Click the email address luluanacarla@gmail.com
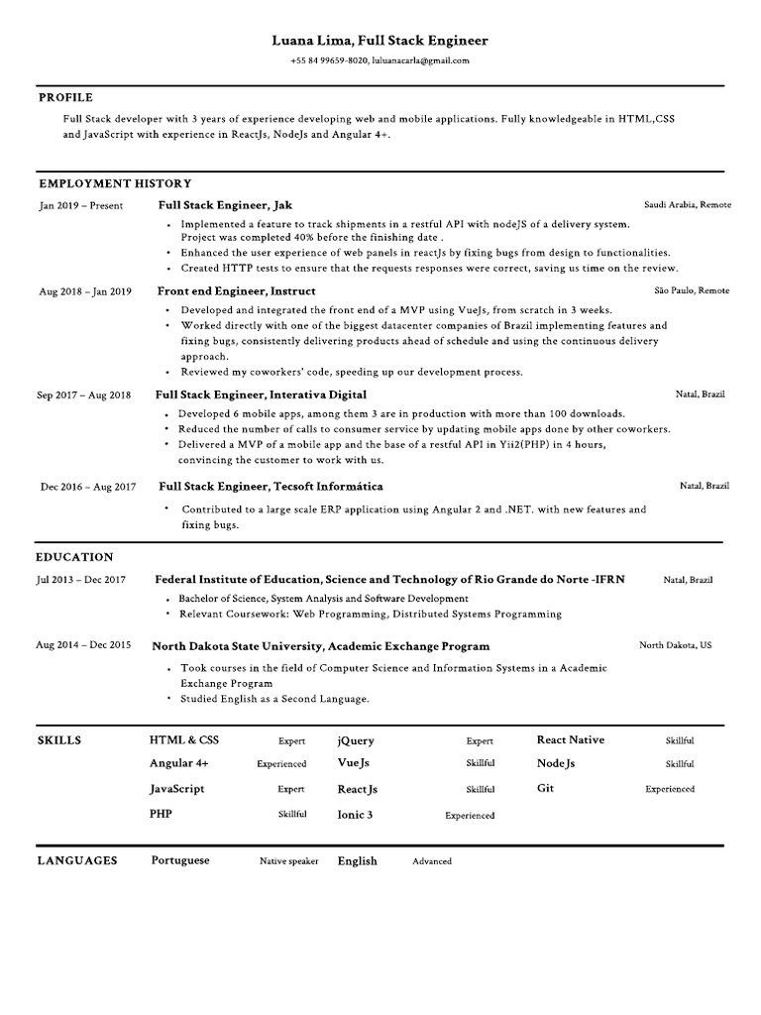click(x=420, y=59)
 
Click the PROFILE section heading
click(x=65, y=97)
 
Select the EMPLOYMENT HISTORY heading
click(x=115, y=183)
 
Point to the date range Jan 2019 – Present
click(x=81, y=205)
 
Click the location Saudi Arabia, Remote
click(x=687, y=204)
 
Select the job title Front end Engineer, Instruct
click(x=236, y=291)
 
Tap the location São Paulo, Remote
click(x=692, y=290)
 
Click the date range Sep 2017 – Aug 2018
click(x=84, y=395)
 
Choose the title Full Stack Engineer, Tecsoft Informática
click(x=270, y=487)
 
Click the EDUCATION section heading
click(x=75, y=557)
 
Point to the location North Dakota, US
click(x=675, y=645)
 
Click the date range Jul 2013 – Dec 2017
click(x=81, y=579)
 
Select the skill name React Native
click(x=570, y=739)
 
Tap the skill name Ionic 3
click(x=355, y=815)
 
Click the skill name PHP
click(x=162, y=813)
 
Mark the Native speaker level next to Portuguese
click(x=288, y=861)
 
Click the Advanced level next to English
click(x=432, y=861)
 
